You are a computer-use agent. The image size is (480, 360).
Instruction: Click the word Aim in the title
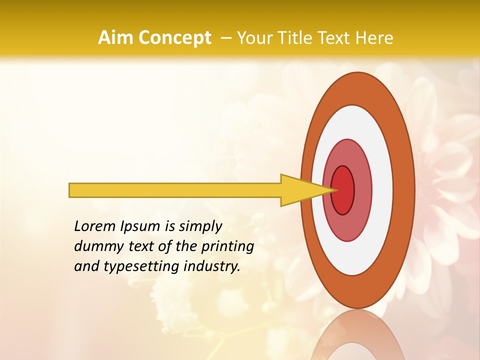click(x=115, y=38)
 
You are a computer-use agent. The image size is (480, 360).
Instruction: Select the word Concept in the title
click(x=174, y=38)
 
